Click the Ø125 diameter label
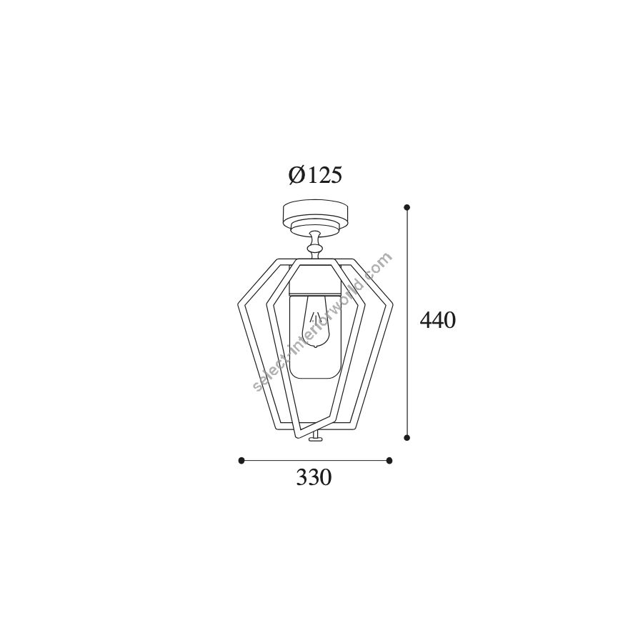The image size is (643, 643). coord(315,176)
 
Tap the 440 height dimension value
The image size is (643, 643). coord(437,320)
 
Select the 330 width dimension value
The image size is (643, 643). coord(314,477)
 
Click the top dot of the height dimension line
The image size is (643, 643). coord(407,207)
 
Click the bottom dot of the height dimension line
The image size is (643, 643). coord(407,438)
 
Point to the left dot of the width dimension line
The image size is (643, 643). coord(241,460)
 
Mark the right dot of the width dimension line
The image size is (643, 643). coord(389,460)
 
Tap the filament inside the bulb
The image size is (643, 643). coord(316,318)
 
